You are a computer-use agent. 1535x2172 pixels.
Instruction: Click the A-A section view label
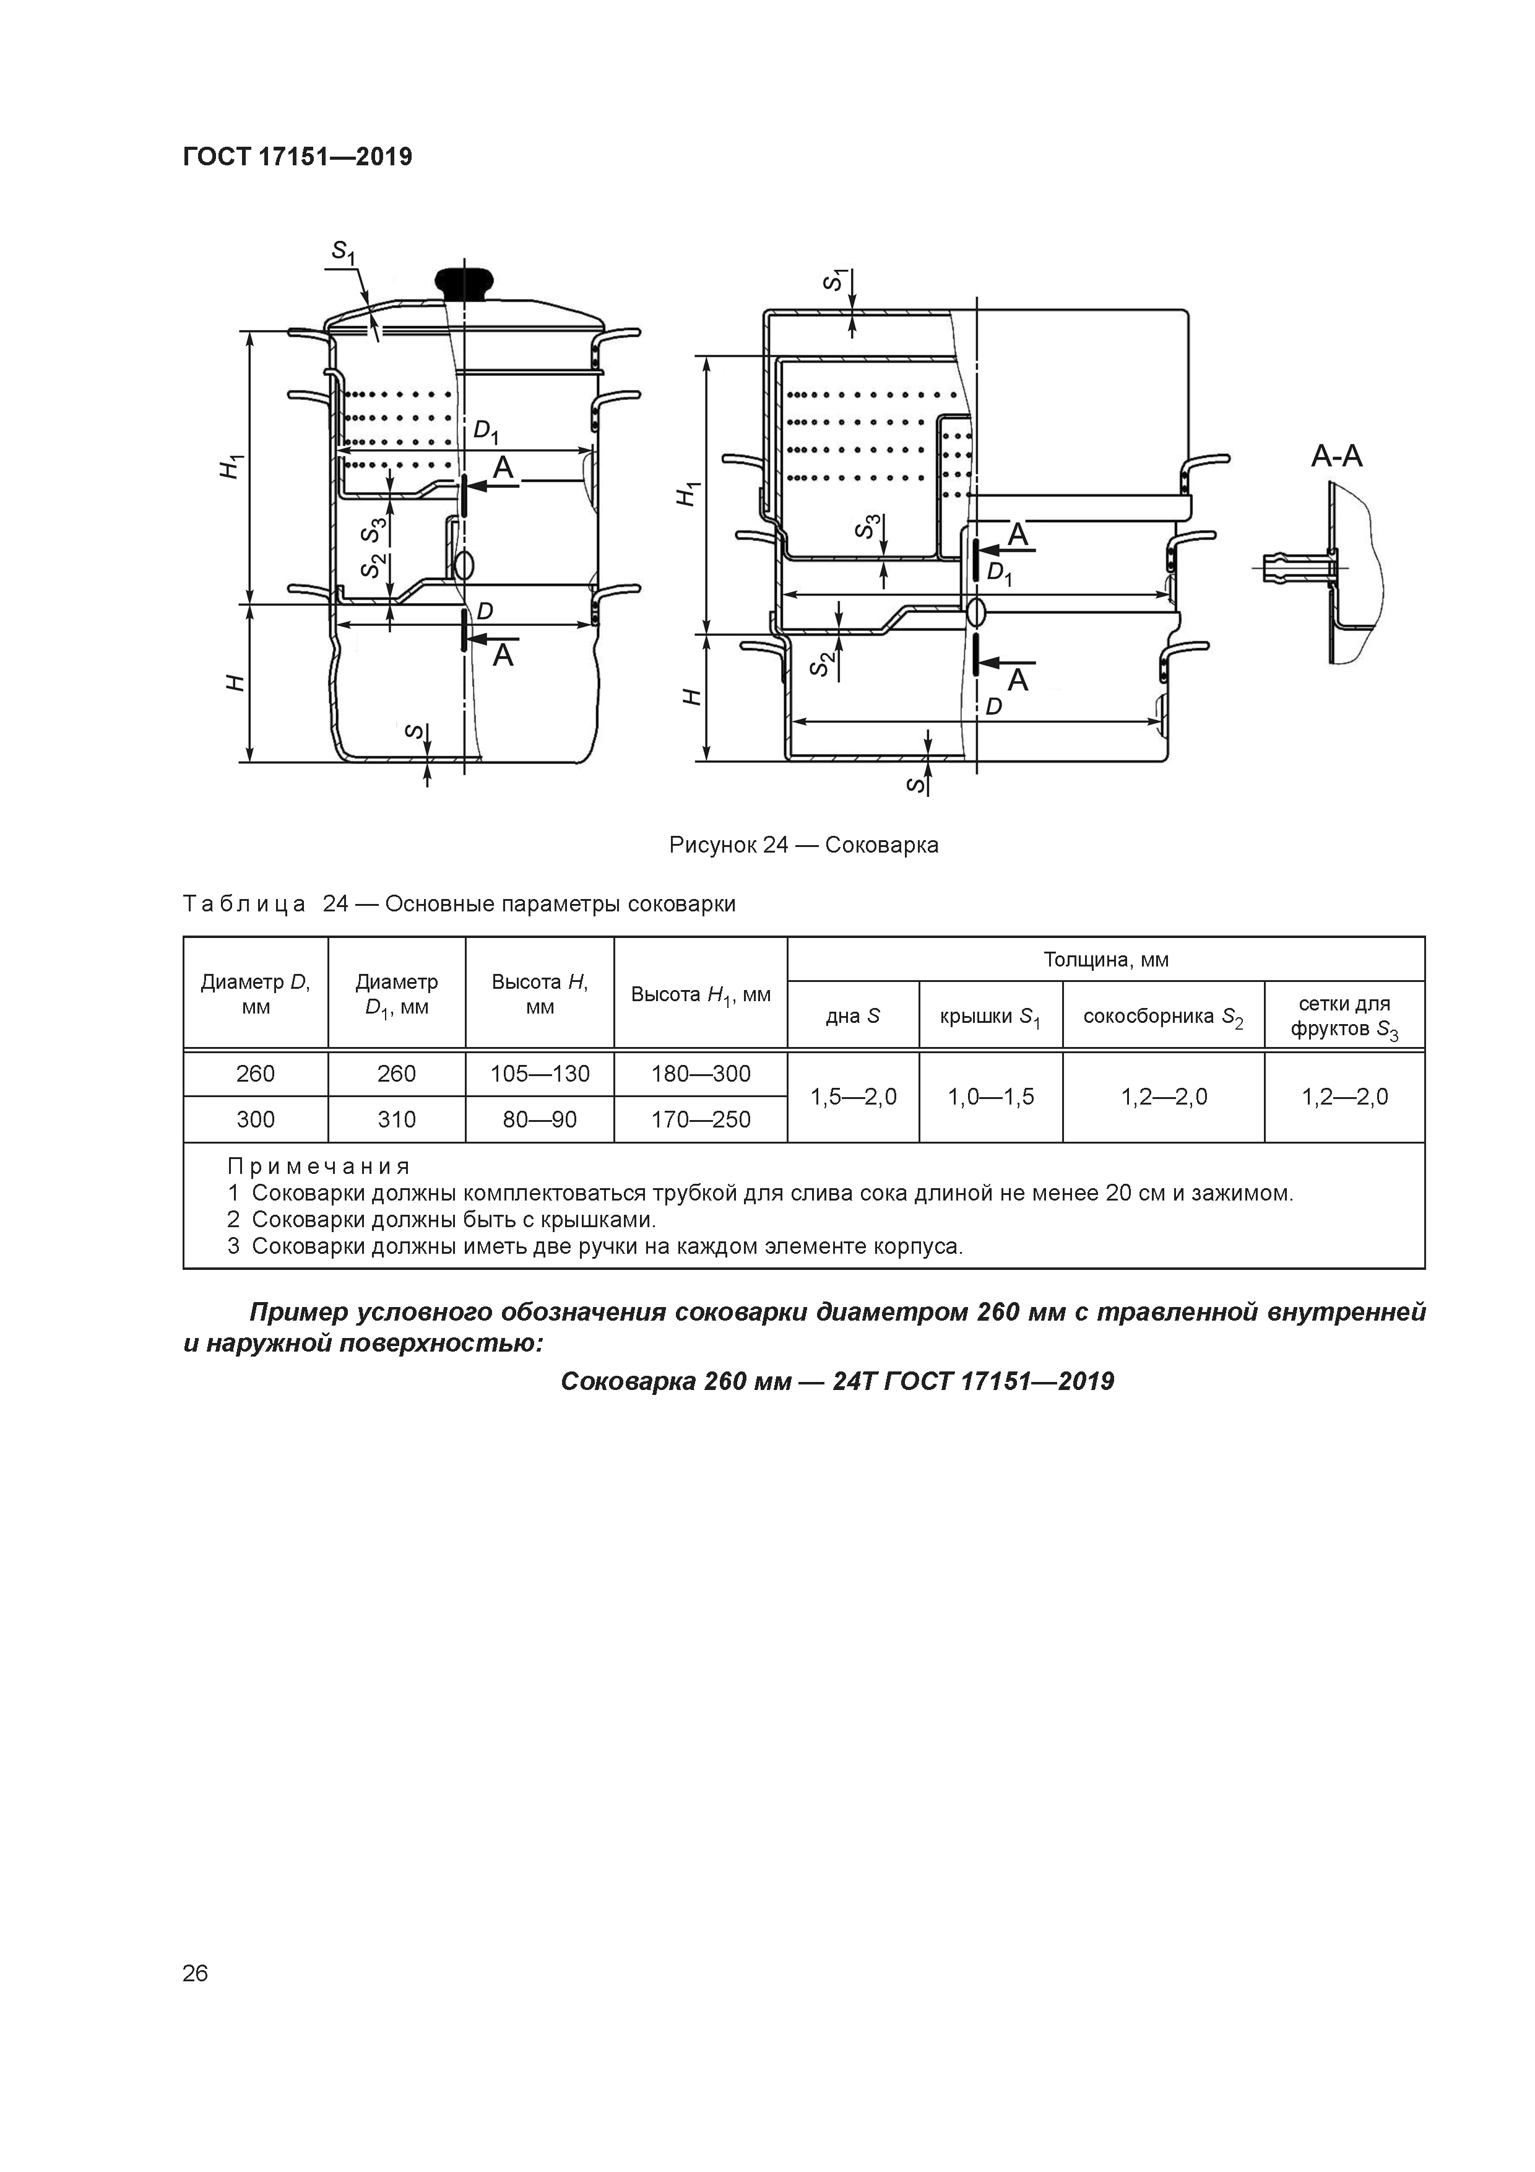click(x=1336, y=457)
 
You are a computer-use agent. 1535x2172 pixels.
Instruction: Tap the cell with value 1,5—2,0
click(x=853, y=1097)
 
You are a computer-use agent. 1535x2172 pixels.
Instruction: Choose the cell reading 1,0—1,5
click(x=990, y=1097)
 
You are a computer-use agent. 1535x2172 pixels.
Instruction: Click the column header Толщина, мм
click(x=1105, y=959)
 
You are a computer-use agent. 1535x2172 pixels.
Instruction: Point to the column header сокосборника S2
click(x=1162, y=1017)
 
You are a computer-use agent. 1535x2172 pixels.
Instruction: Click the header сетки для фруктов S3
click(x=1344, y=1017)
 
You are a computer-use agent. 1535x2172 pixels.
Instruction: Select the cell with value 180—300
click(x=700, y=1074)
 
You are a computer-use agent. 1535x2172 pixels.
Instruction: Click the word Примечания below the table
click(x=319, y=1166)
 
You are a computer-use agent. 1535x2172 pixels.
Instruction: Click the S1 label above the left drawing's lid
click(x=342, y=251)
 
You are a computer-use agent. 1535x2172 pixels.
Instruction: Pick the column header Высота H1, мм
click(x=700, y=994)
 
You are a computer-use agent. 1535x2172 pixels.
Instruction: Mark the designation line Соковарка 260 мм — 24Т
click(x=837, y=1382)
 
